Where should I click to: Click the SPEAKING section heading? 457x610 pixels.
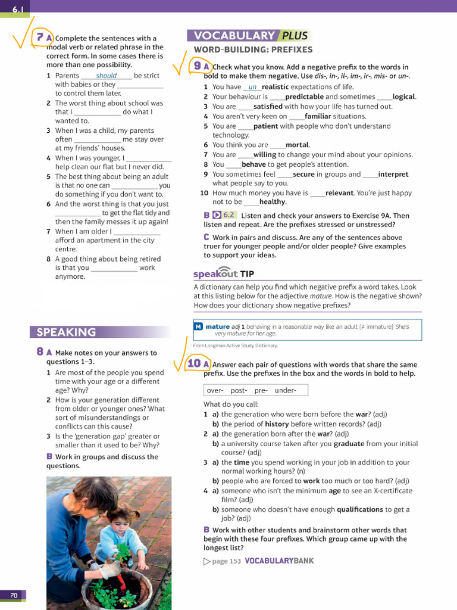[66, 332]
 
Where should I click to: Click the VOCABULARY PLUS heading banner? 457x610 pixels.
[249, 36]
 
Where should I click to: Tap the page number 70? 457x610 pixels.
[13, 595]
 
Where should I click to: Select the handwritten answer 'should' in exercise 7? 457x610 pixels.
[107, 76]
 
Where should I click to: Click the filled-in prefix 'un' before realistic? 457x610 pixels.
[252, 87]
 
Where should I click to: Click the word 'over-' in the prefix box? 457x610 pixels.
[215, 391]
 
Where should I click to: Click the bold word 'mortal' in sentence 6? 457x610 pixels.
[297, 145]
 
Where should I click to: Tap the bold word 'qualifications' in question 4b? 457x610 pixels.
[359, 509]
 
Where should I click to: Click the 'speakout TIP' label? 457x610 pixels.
[224, 274]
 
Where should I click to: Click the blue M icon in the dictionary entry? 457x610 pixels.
[198, 326]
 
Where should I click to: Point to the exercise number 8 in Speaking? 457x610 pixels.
[39, 352]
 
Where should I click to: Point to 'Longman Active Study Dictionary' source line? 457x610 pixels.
[235, 346]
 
